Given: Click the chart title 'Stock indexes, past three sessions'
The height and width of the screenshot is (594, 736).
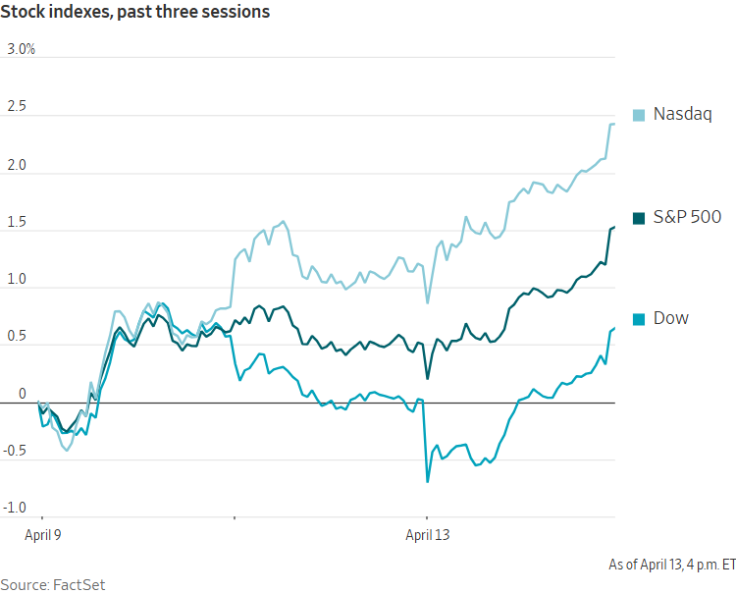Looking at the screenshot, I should coord(137,13).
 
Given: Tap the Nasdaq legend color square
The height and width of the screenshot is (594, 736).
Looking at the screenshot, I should coord(639,115).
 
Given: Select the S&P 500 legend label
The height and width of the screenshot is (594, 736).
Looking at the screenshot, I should coord(687,217).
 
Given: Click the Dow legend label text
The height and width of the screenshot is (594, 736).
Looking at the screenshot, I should coord(671,318).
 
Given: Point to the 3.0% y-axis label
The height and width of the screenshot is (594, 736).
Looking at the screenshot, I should coord(21,49).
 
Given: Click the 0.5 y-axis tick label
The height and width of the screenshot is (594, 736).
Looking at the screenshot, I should coord(17,336).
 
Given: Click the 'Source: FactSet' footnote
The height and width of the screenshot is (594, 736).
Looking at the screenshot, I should coord(52,584).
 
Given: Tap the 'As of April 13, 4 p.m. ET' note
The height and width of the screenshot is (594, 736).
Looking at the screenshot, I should coord(671,565).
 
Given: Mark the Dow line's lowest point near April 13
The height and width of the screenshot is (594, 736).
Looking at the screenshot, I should coord(428,481).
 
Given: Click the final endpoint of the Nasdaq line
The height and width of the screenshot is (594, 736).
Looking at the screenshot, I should coord(614,124).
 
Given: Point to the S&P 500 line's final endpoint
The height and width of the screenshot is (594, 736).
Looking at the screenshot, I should coord(614,228).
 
